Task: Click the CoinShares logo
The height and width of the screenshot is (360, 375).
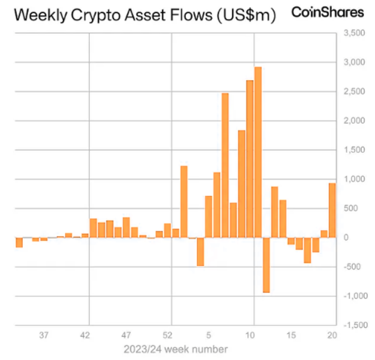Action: [x=327, y=12]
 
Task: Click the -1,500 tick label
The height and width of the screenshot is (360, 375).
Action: [x=353, y=325]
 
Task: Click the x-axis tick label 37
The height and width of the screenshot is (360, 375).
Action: [x=44, y=335]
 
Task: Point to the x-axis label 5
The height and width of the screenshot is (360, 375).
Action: [x=209, y=335]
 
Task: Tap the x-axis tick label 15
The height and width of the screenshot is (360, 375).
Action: [x=292, y=335]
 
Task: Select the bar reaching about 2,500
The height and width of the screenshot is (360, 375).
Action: [x=225, y=165]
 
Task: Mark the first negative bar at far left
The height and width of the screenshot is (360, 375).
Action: [x=19, y=242]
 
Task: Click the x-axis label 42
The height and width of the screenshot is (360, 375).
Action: [x=85, y=335]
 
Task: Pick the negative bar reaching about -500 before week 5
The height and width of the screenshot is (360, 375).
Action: [x=200, y=251]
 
